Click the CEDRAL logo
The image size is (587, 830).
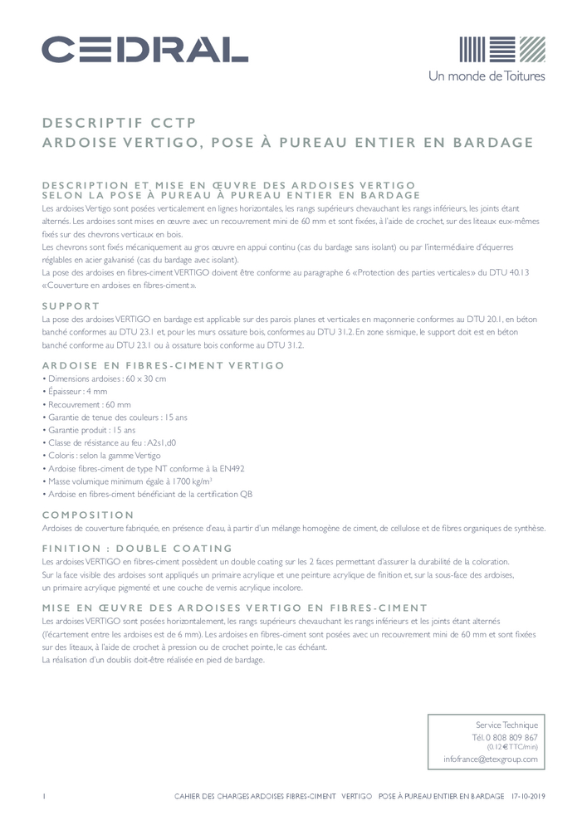click(144, 50)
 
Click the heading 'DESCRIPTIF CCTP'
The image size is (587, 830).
click(119, 123)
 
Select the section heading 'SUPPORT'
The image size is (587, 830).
click(71, 306)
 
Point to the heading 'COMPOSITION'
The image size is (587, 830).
click(88, 515)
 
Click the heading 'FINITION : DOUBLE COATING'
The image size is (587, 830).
click(137, 549)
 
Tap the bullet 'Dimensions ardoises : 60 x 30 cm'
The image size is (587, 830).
click(105, 378)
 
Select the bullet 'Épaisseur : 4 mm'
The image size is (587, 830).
click(76, 391)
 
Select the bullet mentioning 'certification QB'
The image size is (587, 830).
click(148, 495)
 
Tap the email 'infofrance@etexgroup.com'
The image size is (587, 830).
click(490, 759)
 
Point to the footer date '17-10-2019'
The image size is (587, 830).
click(528, 795)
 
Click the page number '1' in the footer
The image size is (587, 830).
click(43, 795)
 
